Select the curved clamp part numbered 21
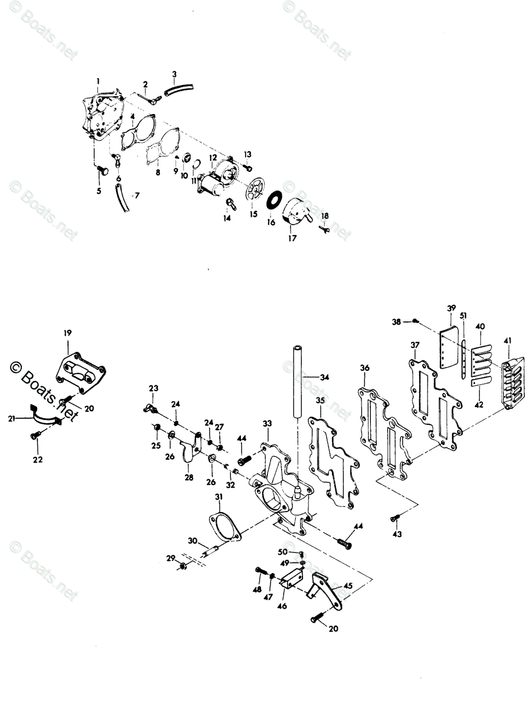pos(44,419)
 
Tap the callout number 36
pos(364,367)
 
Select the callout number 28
pos(188,477)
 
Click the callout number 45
pos(348,586)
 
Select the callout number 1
pos(98,80)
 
